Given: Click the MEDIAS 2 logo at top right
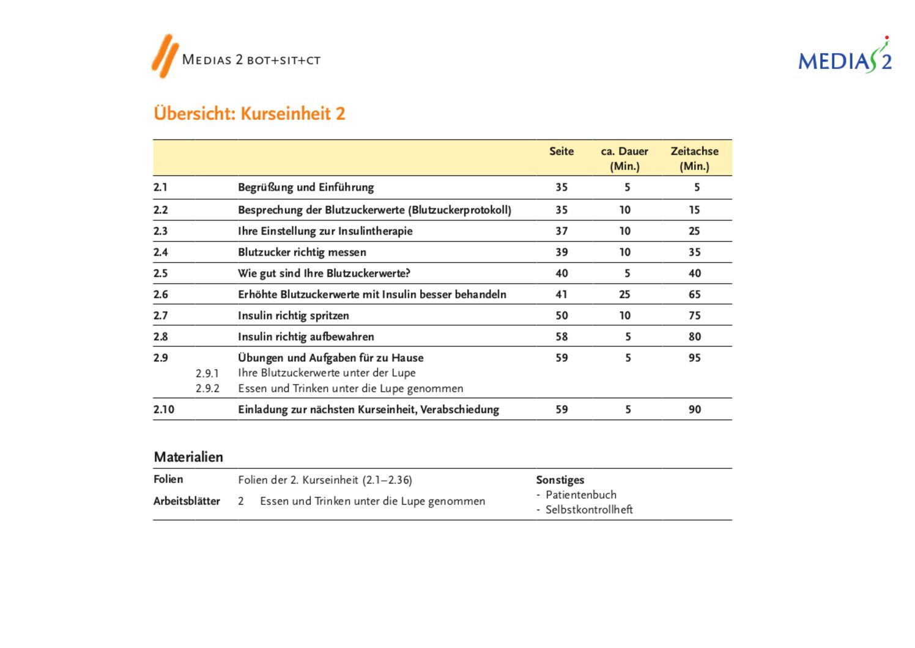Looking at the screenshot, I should pyautogui.click(x=845, y=57).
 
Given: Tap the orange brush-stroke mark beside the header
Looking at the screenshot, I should pyautogui.click(x=165, y=56).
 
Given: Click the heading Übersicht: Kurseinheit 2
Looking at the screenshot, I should pyautogui.click(x=250, y=114).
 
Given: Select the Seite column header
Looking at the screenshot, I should pyautogui.click(x=561, y=152).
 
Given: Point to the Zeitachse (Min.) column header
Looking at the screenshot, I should pyautogui.click(x=694, y=158).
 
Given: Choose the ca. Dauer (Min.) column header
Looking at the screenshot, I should pyautogui.click(x=624, y=158).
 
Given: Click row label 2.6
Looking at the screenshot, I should pyautogui.click(x=161, y=295).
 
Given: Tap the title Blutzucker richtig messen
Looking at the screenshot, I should pyautogui.click(x=302, y=252).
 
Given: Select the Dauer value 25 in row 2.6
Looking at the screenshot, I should pyautogui.click(x=624, y=295).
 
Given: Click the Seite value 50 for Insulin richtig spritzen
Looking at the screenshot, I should pyautogui.click(x=561, y=316).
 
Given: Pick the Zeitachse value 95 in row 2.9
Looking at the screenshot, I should pyautogui.click(x=694, y=358).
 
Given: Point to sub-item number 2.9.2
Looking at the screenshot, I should pyautogui.click(x=207, y=389).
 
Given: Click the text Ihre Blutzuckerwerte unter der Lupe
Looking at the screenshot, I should pyautogui.click(x=327, y=373).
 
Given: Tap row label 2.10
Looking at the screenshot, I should pyautogui.click(x=164, y=410).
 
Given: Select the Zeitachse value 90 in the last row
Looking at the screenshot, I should pyautogui.click(x=694, y=410).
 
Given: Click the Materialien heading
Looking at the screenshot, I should pyautogui.click(x=188, y=457).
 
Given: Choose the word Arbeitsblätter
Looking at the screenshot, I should pyautogui.click(x=187, y=501).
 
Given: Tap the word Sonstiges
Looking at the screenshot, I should pyautogui.click(x=560, y=480).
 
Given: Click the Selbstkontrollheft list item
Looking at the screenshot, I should pyautogui.click(x=589, y=510).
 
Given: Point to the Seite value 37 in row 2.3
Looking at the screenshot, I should pyautogui.click(x=561, y=231).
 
